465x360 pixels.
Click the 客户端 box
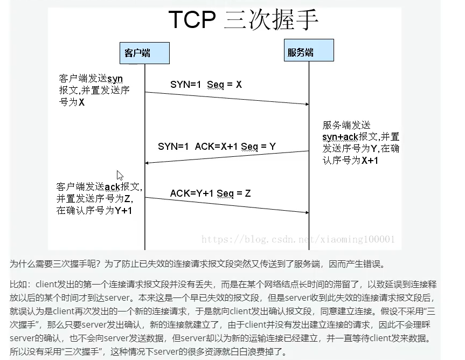tap(144, 53)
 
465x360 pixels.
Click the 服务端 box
tap(309, 51)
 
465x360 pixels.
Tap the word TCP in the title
tap(192, 19)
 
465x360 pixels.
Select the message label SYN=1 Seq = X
tap(206, 85)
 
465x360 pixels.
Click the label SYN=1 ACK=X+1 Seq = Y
tap(217, 147)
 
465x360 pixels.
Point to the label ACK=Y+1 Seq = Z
tap(211, 193)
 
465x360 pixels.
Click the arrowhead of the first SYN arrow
tap(307, 104)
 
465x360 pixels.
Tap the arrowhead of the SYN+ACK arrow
tap(147, 163)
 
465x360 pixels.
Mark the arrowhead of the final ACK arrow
tap(307, 212)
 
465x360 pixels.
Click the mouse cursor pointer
tap(120, 175)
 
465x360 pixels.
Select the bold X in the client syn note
tap(81, 102)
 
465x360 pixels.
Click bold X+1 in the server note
tap(370, 161)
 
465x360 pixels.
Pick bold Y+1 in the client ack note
tap(123, 211)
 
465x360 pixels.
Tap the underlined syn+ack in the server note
tap(341, 137)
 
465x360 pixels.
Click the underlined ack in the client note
tap(113, 187)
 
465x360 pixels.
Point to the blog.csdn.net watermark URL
tap(298, 239)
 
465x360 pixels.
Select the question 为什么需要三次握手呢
tap(55, 264)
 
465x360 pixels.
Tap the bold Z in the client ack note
tap(127, 199)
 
